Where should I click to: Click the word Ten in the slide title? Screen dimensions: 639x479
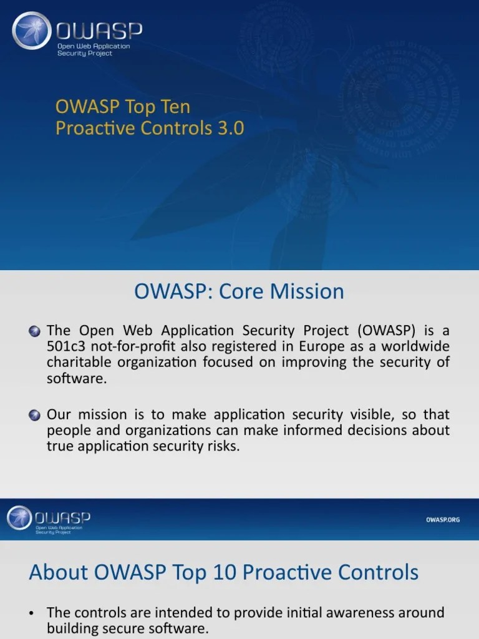(174, 106)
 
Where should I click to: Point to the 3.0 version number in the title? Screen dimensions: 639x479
(230, 128)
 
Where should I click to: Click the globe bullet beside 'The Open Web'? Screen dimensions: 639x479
(36, 331)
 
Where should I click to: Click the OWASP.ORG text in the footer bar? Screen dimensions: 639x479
(443, 519)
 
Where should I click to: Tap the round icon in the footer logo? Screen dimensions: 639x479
(18, 518)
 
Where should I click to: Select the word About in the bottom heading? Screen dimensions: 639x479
(51, 572)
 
